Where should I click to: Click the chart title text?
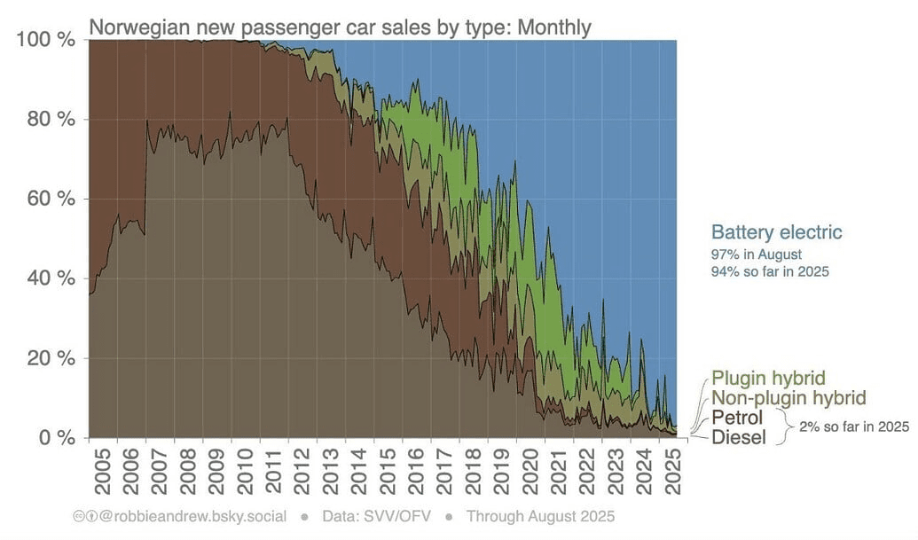[x=340, y=27]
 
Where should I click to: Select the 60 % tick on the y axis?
[x=50, y=199]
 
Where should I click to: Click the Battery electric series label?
[x=776, y=233]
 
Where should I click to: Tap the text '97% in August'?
[x=757, y=254]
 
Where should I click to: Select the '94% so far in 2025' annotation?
[x=770, y=271]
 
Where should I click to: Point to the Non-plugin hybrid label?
[x=789, y=398]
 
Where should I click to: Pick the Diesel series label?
[x=738, y=437]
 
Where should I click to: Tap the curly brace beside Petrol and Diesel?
[x=784, y=427]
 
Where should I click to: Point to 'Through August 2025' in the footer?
[x=540, y=516]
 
